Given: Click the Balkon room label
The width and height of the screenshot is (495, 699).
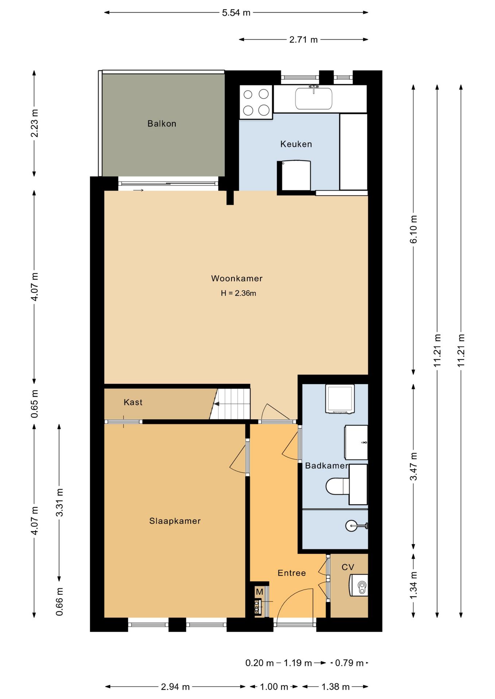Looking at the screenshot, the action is (x=162, y=124).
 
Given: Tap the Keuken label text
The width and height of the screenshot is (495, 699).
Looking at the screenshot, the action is (x=296, y=144).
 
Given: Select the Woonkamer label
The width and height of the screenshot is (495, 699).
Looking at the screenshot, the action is (x=237, y=279).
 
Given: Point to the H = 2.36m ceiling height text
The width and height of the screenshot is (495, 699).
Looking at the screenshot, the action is (x=238, y=293).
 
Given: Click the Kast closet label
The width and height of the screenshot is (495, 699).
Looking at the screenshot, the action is (x=133, y=402).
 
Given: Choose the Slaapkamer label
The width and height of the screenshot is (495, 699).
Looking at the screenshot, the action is (x=175, y=521).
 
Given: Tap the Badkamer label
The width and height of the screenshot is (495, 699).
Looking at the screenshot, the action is (x=327, y=466).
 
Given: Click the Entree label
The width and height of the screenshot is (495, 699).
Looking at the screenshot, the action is (x=292, y=573).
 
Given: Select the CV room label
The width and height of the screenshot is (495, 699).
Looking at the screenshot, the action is (x=348, y=567).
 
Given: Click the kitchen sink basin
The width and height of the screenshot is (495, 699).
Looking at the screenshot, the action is (x=313, y=98).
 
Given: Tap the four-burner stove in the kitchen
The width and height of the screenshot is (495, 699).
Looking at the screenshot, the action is (x=256, y=102).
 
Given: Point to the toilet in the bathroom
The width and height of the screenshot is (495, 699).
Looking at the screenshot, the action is (x=338, y=486).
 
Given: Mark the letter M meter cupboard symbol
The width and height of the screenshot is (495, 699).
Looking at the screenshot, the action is (x=260, y=592).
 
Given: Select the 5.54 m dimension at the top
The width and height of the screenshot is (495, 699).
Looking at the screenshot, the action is (x=236, y=13).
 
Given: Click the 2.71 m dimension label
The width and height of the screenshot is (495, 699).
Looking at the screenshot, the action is (x=304, y=40).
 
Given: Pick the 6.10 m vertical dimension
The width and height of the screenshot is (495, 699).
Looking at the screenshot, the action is (x=414, y=229).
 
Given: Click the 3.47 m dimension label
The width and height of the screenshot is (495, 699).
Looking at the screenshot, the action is (x=414, y=466).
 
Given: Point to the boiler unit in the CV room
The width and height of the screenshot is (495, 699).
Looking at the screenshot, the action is (x=358, y=585).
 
